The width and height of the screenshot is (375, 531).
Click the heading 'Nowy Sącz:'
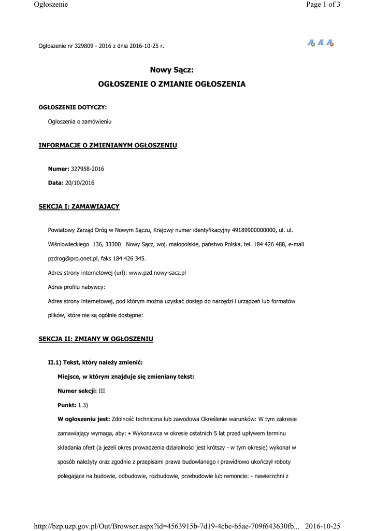tap(171, 70)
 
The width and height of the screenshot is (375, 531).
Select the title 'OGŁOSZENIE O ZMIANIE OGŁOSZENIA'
tap(172, 83)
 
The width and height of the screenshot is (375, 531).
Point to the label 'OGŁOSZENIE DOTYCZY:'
tap(73, 107)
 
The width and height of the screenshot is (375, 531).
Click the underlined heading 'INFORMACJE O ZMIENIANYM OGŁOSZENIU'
tap(108, 145)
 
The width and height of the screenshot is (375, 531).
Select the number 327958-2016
tap(87, 169)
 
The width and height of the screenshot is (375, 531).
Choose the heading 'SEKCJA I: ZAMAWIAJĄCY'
tap(79, 206)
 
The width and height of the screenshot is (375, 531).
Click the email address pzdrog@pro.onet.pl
tap(71, 258)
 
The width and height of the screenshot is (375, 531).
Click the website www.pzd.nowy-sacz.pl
tap(157, 272)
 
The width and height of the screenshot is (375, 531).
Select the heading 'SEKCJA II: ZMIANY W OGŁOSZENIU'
tap(96, 339)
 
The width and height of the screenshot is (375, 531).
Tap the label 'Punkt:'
tap(67, 404)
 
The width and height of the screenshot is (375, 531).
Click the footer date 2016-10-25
tap(323, 526)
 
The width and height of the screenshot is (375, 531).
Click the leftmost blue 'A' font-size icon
tap(311, 43)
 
